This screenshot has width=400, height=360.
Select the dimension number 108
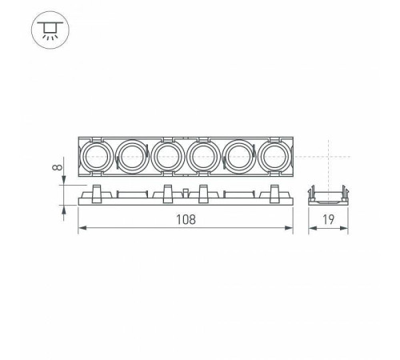[x=185, y=218]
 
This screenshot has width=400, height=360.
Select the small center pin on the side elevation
[x=186, y=193]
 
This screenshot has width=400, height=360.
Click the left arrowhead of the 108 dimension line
[x=81, y=230]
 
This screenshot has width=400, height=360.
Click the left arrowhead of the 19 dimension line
[x=312, y=230]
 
